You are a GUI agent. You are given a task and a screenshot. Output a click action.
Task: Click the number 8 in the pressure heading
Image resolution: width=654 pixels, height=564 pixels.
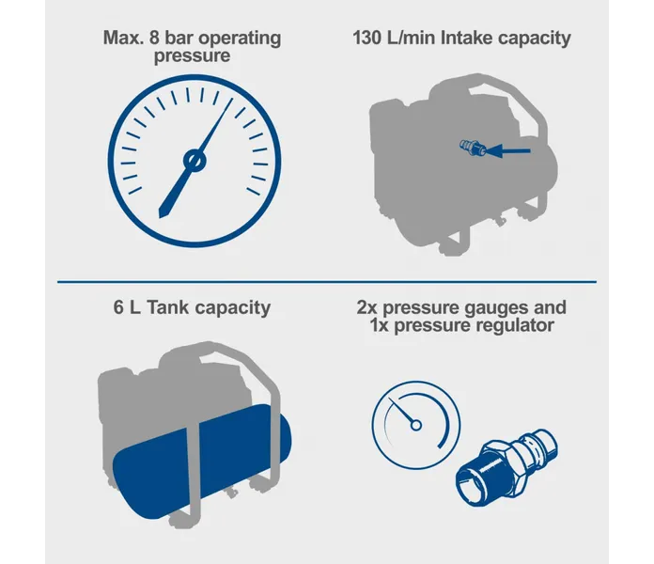click(154, 38)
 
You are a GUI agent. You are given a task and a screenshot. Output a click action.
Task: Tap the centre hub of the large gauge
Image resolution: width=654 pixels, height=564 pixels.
click(195, 161)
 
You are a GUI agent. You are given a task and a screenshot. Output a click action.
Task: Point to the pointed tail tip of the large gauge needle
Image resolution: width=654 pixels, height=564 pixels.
click(160, 216)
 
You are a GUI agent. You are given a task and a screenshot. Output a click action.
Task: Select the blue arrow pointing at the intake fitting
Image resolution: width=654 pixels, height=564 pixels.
click(507, 151)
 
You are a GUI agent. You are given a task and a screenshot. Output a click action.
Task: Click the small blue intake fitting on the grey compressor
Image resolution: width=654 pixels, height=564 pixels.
click(473, 148)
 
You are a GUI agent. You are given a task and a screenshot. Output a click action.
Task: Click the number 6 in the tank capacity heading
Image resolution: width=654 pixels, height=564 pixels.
click(118, 307)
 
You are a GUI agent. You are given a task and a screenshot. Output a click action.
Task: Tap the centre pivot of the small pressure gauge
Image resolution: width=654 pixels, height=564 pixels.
click(416, 425)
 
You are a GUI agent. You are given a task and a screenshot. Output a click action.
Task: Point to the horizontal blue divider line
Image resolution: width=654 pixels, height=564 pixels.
click(327, 282)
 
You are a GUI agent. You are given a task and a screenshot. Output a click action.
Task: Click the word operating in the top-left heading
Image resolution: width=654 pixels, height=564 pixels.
click(240, 39)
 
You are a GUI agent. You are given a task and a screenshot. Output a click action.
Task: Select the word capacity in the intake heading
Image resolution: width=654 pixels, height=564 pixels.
click(535, 39)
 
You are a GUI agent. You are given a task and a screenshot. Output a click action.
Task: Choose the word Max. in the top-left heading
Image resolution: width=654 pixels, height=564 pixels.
click(123, 38)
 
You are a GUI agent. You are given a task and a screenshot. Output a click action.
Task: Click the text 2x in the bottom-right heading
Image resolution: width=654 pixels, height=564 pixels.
click(367, 307)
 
